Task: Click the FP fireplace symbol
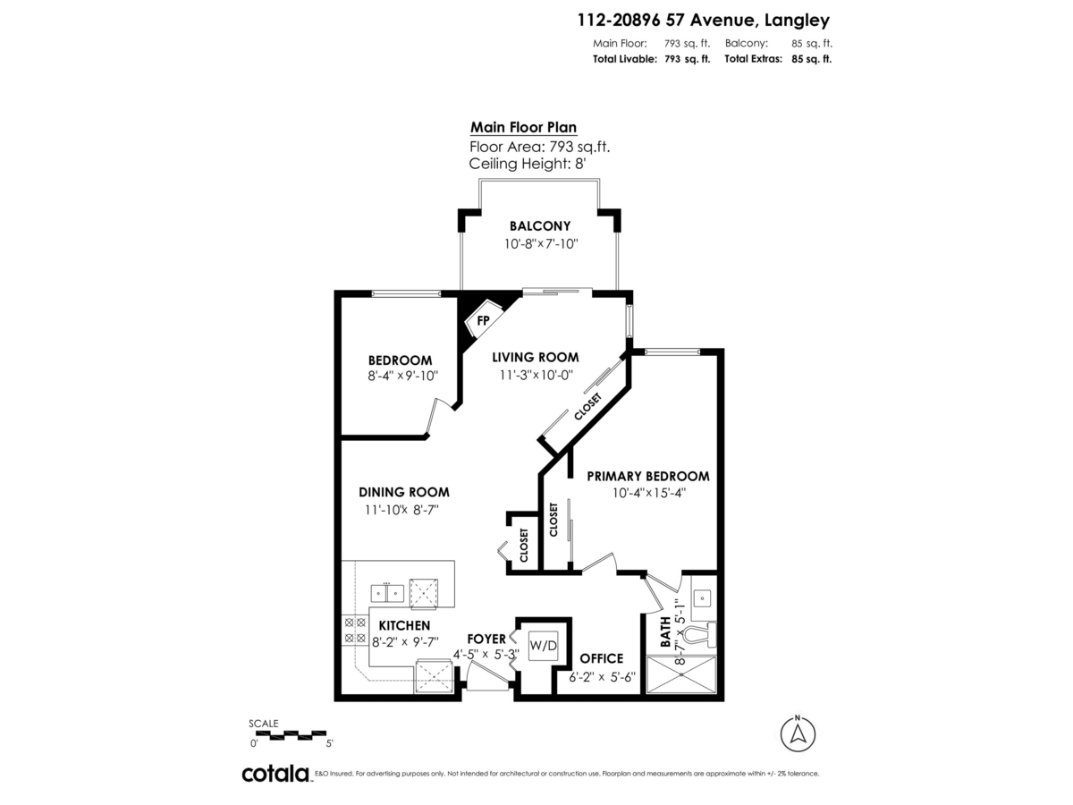click(x=483, y=320)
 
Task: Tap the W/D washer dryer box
click(x=541, y=644)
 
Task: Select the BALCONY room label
click(x=540, y=226)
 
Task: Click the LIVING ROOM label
click(x=536, y=357)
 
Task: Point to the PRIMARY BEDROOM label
click(x=648, y=476)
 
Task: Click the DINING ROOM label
click(x=403, y=492)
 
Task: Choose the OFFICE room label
click(x=601, y=659)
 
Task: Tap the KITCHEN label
click(x=404, y=625)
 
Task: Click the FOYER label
click(x=486, y=639)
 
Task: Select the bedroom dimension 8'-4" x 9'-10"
click(x=401, y=377)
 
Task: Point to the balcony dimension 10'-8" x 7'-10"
click(x=539, y=243)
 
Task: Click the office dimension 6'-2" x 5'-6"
click(x=602, y=677)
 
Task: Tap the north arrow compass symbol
click(x=798, y=733)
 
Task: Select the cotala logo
click(x=275, y=774)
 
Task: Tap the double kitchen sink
click(x=387, y=593)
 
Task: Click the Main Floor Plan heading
click(x=523, y=128)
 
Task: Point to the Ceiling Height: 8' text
click(x=527, y=164)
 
